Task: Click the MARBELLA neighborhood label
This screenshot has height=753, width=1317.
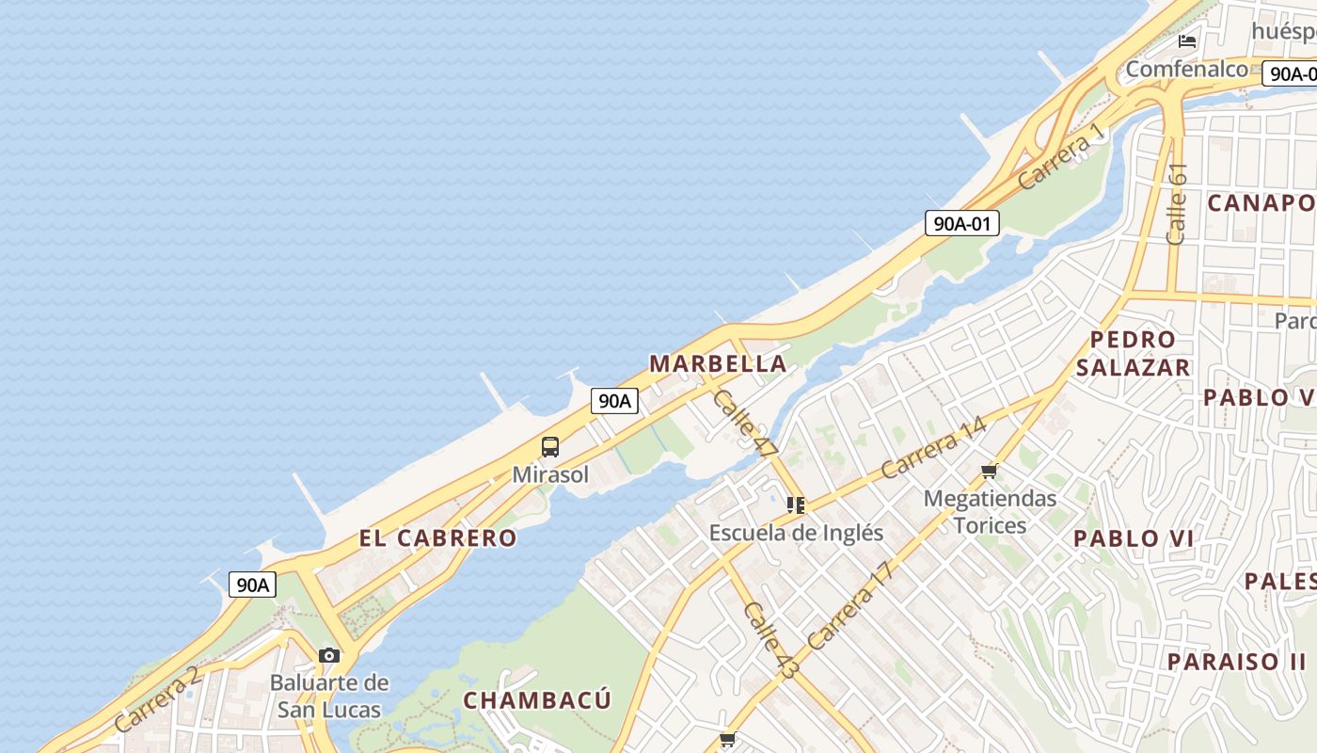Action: [718, 363]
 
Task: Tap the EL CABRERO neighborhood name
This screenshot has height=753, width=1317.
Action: [437, 538]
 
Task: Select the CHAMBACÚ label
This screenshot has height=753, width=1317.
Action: [537, 700]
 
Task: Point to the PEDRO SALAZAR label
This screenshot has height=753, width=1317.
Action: [1133, 353]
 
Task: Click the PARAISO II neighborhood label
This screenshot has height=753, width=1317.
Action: [1236, 661]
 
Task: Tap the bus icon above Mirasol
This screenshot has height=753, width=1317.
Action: [550, 447]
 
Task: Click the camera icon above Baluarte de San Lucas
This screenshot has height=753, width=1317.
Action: [328, 655]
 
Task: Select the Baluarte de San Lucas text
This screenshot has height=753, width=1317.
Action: [328, 696]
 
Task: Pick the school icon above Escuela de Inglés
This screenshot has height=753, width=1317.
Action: [796, 505]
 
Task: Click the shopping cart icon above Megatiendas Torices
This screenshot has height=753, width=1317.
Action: [989, 471]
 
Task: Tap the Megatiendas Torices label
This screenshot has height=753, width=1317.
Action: [990, 511]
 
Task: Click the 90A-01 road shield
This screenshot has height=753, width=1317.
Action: [961, 223]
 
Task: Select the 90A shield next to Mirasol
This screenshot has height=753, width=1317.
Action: [614, 401]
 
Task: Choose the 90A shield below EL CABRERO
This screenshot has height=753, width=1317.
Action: [252, 585]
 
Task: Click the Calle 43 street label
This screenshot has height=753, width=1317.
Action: [770, 640]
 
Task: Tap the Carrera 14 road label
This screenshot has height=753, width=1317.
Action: [933, 448]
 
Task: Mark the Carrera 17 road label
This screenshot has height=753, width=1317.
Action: [849, 606]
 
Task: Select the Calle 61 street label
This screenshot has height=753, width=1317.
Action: [1176, 203]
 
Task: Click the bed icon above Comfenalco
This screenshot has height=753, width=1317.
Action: [1187, 40]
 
